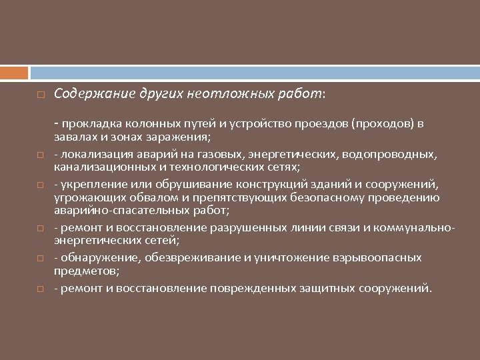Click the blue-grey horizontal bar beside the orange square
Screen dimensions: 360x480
253,72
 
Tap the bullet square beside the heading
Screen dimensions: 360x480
41,95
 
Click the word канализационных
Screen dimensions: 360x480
99,167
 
